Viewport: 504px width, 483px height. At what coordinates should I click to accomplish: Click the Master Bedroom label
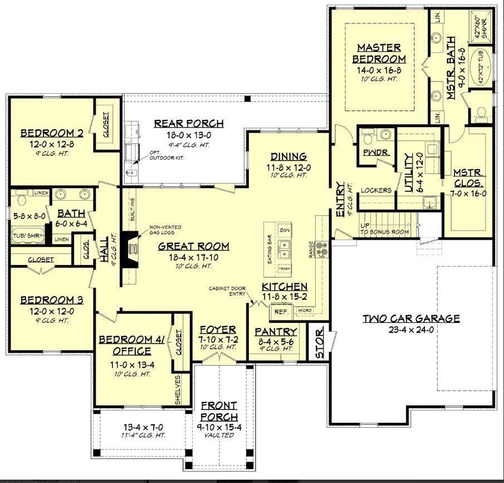tap(381, 53)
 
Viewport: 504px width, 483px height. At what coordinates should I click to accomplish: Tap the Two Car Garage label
tap(412, 318)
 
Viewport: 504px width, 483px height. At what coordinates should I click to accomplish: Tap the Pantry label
tap(273, 331)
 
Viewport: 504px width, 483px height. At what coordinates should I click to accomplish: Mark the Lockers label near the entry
tap(376, 190)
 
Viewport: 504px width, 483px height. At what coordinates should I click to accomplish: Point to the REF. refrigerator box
tap(280, 312)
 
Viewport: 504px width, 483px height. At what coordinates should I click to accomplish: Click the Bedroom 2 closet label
tap(106, 126)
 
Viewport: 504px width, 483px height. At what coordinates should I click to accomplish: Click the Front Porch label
tap(219, 411)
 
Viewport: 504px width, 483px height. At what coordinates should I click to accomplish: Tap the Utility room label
tap(409, 173)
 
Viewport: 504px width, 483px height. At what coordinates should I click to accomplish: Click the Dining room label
tap(288, 156)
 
